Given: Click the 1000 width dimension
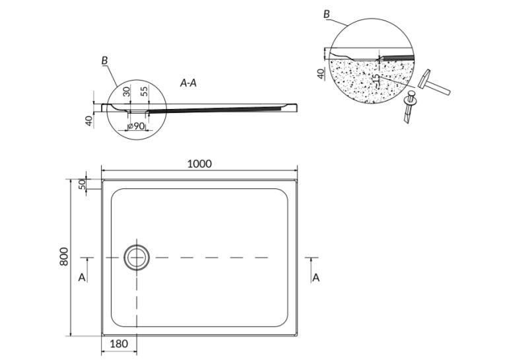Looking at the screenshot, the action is [199, 164].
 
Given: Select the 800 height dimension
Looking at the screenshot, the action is [64, 256].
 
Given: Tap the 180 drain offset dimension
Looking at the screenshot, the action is [119, 344].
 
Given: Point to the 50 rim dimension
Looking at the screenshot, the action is [82, 184].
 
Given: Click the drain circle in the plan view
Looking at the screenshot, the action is [137, 258].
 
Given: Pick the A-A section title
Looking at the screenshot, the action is [188, 83].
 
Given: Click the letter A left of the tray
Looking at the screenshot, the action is [82, 277].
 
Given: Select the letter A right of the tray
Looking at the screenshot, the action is [316, 277].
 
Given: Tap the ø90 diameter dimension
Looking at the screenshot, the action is [136, 126].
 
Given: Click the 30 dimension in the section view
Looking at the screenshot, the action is [127, 91].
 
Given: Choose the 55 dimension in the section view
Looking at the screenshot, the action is [145, 91].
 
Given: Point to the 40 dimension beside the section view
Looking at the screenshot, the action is [88, 121].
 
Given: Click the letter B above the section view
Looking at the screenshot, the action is [104, 60].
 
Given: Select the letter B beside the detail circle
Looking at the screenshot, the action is [327, 14].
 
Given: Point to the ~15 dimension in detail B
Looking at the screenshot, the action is [376, 80].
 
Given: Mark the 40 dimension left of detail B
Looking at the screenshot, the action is [321, 73].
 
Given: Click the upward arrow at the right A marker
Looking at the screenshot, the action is [311, 270].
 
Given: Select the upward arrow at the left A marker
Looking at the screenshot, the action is [87, 270].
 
